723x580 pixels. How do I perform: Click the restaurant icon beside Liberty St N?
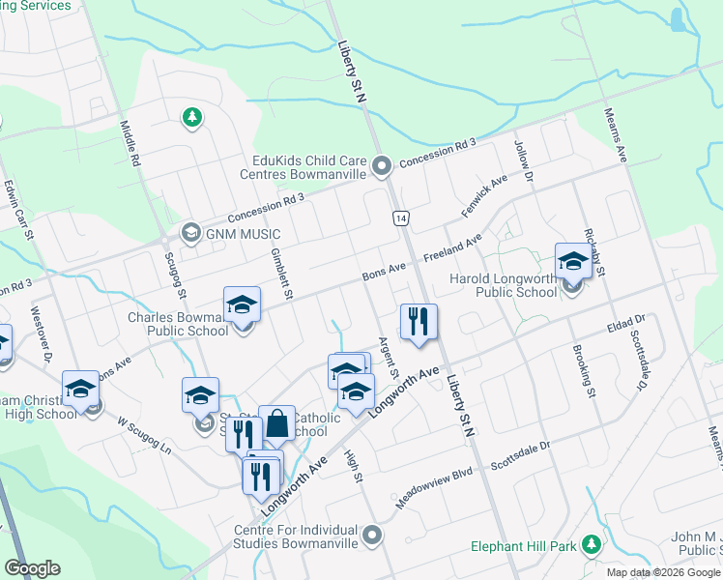(x=419, y=322)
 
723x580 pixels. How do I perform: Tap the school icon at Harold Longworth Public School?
(x=573, y=261)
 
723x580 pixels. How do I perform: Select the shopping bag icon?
(x=276, y=422)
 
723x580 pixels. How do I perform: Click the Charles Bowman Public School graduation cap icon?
(x=241, y=305)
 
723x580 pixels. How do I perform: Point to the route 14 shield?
(x=400, y=218)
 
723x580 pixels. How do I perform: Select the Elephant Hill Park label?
(x=523, y=546)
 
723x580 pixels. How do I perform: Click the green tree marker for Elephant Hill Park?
(x=591, y=546)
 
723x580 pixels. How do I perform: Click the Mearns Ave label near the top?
(x=617, y=134)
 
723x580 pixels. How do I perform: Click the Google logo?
(x=32, y=568)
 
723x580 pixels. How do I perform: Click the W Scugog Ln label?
(x=145, y=437)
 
